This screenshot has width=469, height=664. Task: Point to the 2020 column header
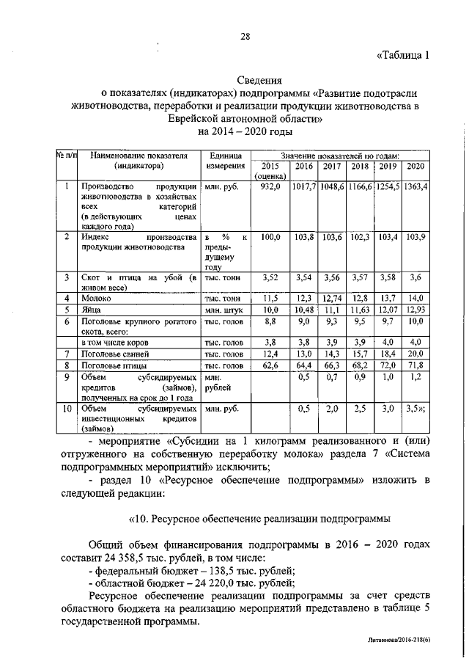pyautogui.click(x=416, y=167)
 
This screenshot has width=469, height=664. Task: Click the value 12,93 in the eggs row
pyautogui.click(x=416, y=310)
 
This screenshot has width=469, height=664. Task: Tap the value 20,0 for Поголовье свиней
pyautogui.click(x=416, y=354)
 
